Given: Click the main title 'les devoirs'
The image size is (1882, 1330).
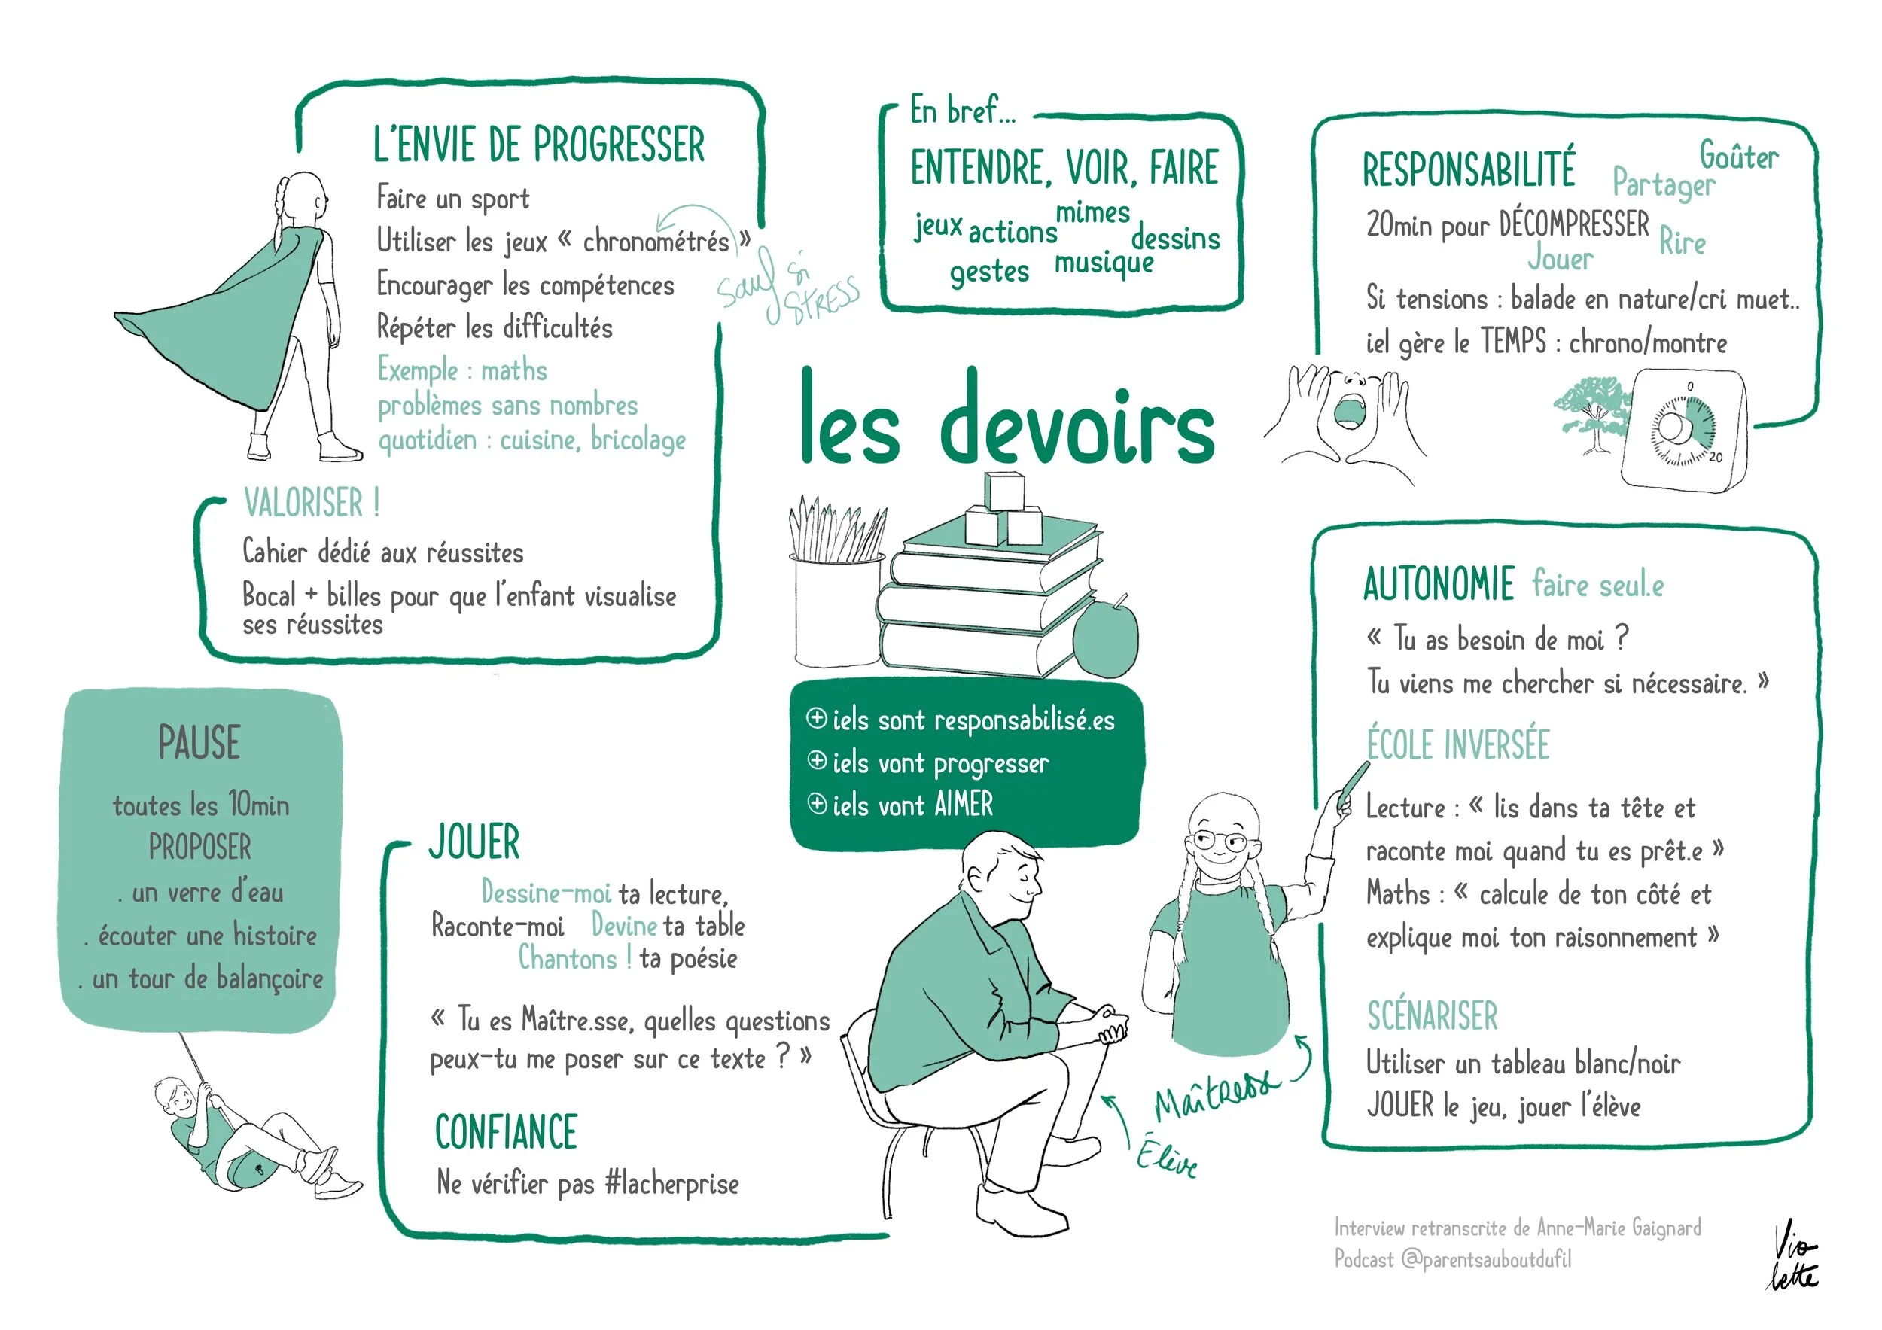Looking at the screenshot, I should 1006,419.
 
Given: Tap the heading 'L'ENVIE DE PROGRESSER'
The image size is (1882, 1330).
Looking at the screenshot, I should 538,145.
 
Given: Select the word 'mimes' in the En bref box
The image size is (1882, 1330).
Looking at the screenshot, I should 1092,213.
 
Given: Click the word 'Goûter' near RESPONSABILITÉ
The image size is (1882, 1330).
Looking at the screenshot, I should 1738,156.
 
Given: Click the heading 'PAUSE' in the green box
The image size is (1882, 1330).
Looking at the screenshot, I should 199,742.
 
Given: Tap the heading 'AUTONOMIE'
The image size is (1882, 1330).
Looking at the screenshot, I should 1439,584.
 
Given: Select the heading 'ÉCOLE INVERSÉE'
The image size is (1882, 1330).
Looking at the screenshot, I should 1457,745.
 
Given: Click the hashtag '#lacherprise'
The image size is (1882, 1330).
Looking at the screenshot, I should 672,1184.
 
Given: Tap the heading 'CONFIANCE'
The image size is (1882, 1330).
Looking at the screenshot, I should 506,1133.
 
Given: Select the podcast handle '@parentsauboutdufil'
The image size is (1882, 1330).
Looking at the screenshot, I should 1485,1259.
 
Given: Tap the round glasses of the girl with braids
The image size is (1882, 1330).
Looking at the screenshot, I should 1220,841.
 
